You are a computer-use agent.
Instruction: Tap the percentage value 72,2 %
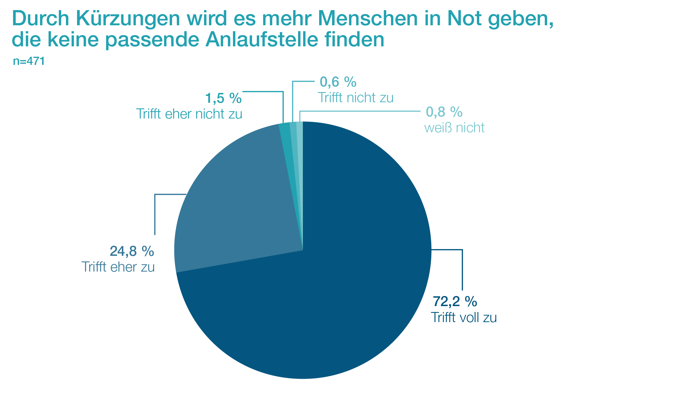pos(455,302)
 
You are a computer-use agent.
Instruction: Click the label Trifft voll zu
pos(464,318)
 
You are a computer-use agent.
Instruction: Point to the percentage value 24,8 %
pos(132,251)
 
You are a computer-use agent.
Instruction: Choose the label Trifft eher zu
pos(118,267)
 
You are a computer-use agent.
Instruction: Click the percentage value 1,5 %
pos(223,98)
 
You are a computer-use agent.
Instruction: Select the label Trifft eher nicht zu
pos(189,114)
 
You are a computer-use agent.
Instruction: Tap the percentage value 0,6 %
pos(338,82)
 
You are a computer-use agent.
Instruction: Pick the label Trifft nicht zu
pos(356,98)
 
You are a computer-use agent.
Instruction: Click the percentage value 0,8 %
pos(444,112)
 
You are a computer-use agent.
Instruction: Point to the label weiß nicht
pos(454,128)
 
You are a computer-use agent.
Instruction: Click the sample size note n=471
pos(29,61)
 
